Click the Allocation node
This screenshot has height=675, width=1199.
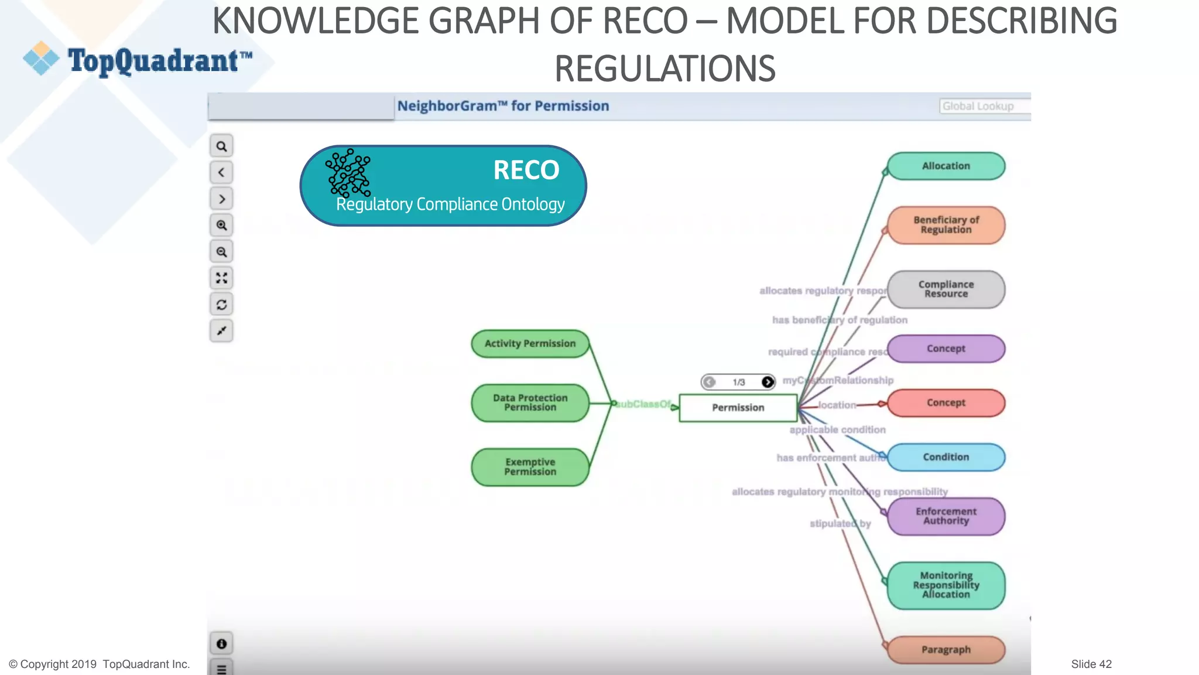tap(946, 166)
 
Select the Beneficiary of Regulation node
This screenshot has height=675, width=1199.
tap(946, 225)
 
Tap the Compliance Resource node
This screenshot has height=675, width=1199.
tap(946, 289)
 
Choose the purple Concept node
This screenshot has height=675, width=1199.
tap(946, 349)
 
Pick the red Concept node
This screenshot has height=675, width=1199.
tap(946, 403)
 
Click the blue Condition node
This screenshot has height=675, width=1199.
tap(946, 457)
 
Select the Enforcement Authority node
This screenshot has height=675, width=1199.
tap(946, 516)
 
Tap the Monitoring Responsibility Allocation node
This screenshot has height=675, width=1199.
tap(946, 585)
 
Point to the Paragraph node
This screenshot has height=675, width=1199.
tap(946, 650)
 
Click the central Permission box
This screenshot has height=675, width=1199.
tap(738, 408)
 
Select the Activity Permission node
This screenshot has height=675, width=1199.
tap(530, 344)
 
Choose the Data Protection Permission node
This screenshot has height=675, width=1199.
tap(530, 403)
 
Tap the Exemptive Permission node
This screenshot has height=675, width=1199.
tap(530, 467)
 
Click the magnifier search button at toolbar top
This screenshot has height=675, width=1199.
tap(221, 146)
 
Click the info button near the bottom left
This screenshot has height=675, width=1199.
tap(221, 644)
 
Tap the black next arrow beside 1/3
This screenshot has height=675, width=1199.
tap(768, 382)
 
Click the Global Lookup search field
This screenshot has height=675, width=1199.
tap(984, 106)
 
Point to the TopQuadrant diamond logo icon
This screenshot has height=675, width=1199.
tap(41, 59)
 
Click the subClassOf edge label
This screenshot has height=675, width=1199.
tap(643, 404)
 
